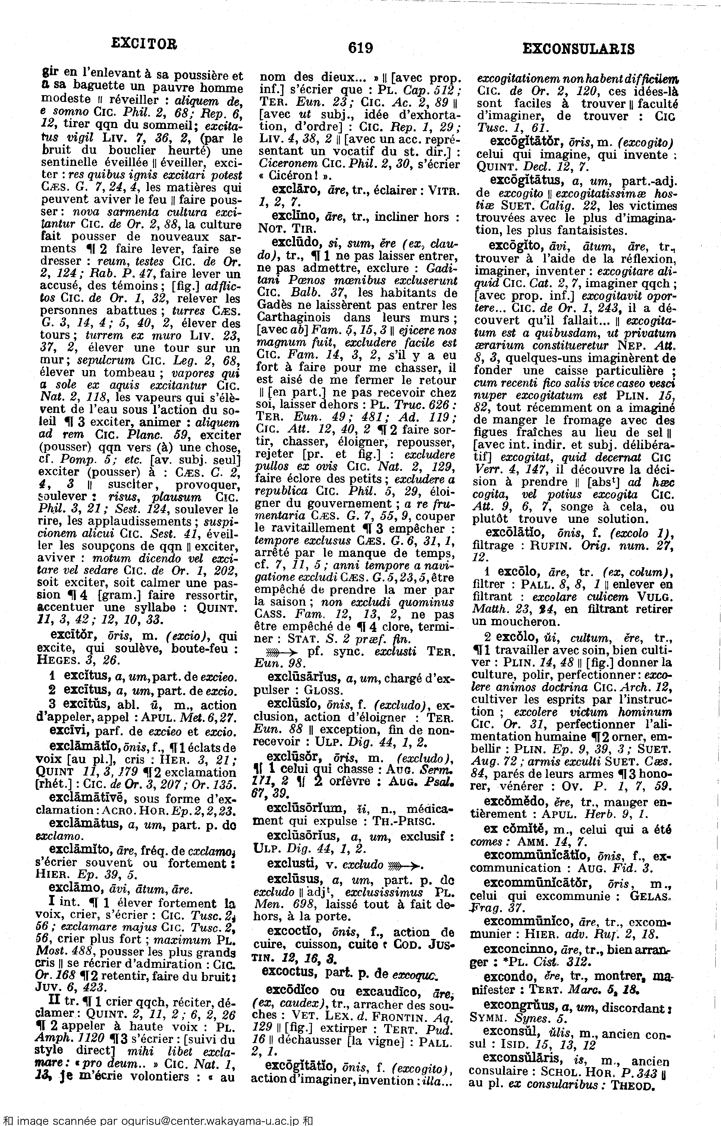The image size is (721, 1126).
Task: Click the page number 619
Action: pyautogui.click(x=360, y=48)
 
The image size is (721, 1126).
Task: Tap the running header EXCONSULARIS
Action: pyautogui.click(x=578, y=49)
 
